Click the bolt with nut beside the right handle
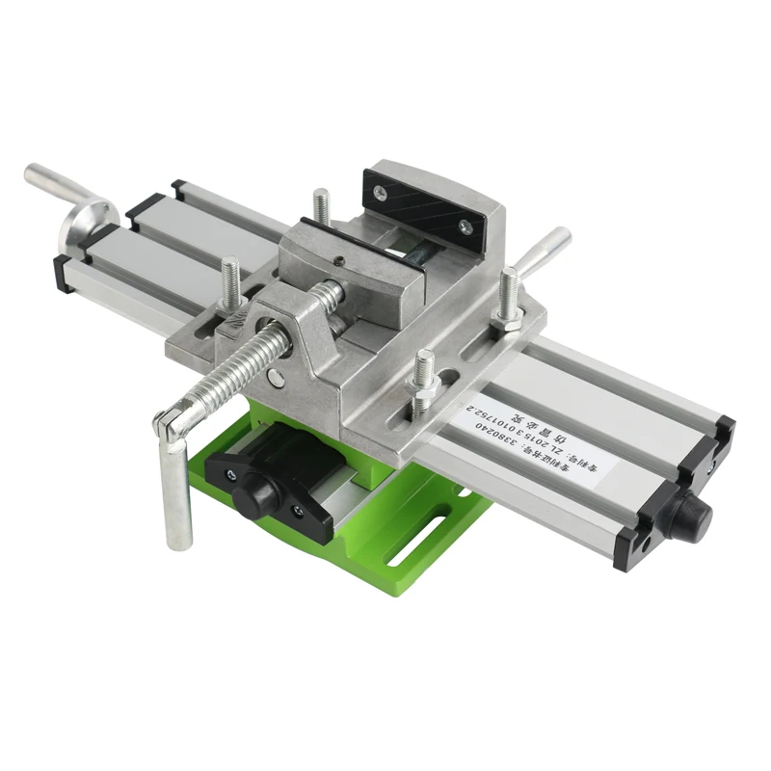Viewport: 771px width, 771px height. coord(508,299)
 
